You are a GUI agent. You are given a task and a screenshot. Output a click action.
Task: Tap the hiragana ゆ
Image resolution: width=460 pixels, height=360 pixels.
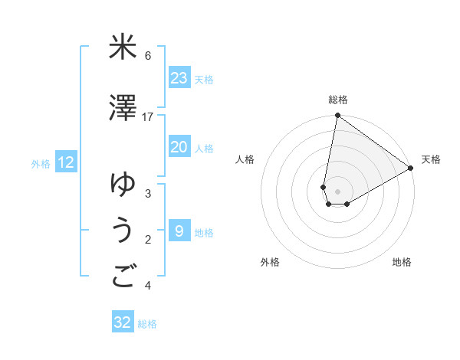tap(123, 185)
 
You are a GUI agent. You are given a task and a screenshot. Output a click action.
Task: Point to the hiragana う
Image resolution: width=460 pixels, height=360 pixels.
tap(123, 231)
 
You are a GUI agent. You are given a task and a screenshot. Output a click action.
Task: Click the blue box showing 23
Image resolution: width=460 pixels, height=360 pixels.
tap(179, 78)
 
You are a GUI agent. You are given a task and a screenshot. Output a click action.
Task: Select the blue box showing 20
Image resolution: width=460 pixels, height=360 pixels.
tap(179, 148)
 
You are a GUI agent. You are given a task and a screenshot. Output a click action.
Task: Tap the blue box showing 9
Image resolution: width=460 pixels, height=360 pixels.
tap(179, 231)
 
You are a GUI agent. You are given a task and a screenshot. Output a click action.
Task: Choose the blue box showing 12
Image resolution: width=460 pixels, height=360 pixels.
tap(66, 162)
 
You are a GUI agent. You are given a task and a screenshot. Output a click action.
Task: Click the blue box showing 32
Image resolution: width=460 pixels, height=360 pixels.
tap(123, 322)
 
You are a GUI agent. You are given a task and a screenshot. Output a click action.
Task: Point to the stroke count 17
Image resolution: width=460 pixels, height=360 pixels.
tap(148, 116)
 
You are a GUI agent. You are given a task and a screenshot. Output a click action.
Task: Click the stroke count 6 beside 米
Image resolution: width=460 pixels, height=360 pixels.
tap(148, 55)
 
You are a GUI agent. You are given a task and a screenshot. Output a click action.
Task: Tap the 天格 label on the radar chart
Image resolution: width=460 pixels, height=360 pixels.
tap(431, 159)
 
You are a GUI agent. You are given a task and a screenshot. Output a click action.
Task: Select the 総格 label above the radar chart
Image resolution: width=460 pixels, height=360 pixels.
tap(338, 100)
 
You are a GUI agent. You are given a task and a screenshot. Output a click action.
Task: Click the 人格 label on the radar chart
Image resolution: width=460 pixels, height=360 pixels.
tap(245, 159)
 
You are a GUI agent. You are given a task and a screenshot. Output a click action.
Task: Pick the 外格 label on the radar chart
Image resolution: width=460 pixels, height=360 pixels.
tap(270, 262)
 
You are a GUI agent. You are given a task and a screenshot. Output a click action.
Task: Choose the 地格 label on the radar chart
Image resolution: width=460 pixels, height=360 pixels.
tap(402, 262)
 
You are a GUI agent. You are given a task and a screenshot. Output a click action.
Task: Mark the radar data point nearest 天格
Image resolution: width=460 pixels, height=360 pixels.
tap(411, 169)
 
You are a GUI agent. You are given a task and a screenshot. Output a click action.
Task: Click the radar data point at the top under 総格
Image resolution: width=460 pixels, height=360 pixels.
tap(337, 116)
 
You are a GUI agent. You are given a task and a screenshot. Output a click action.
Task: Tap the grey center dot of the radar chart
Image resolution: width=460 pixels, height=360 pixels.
tap(337, 191)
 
